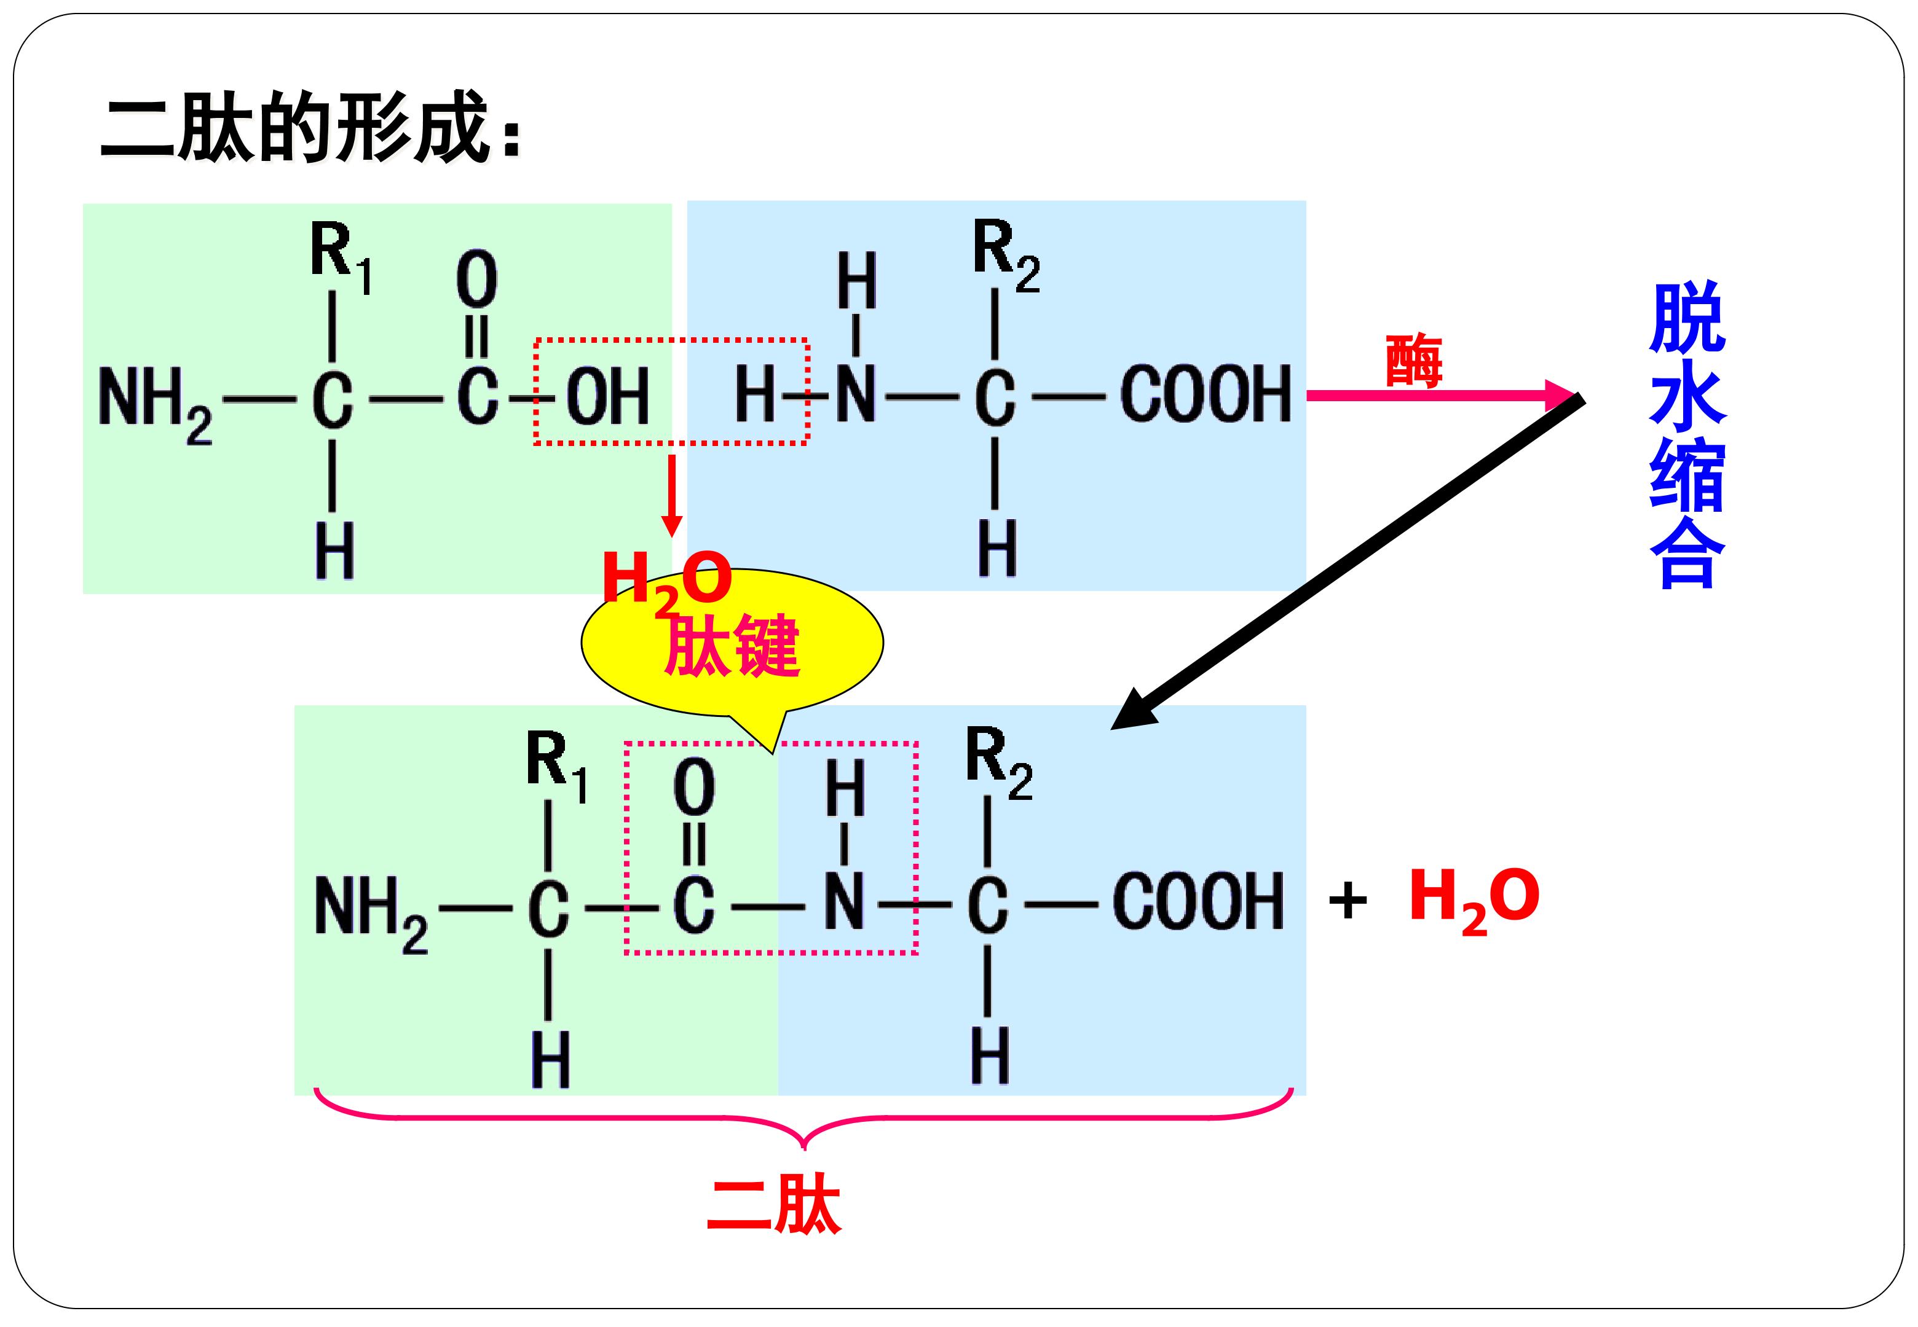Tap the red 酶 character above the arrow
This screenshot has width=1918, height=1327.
tap(1413, 360)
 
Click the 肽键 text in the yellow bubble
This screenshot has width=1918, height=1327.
tap(732, 645)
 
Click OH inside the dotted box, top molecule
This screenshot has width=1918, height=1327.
tap(607, 397)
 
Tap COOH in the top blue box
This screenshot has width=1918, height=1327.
tap(1206, 394)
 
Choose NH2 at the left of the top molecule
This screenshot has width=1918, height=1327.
tap(156, 405)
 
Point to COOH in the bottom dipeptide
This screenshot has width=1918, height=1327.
tap(1199, 902)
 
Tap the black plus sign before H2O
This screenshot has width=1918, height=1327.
tap(1348, 901)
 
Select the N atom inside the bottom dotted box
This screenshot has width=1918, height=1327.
tap(844, 901)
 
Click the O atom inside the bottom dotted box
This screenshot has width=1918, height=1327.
tap(693, 788)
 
